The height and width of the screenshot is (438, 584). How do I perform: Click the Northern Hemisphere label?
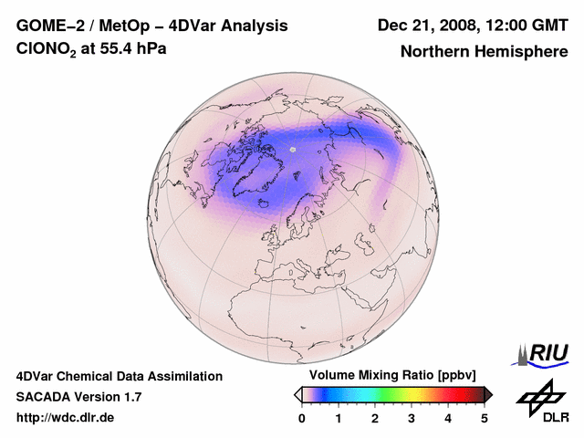485,51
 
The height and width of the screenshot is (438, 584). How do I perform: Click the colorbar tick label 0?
302,418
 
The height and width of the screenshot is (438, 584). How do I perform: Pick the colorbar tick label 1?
339,418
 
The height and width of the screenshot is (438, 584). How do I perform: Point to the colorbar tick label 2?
375,418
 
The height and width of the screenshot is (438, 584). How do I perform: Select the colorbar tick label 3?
412,418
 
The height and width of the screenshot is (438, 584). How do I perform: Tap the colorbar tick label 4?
448,418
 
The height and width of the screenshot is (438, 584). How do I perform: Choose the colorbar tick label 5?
485,418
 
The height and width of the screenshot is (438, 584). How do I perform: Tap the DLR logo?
542,401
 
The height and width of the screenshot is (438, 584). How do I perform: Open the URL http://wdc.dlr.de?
66,418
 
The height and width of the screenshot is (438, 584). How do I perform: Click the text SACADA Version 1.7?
78,397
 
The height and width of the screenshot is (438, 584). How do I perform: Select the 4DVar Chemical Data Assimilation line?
119,376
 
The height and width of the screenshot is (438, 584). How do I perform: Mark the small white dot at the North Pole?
292,148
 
